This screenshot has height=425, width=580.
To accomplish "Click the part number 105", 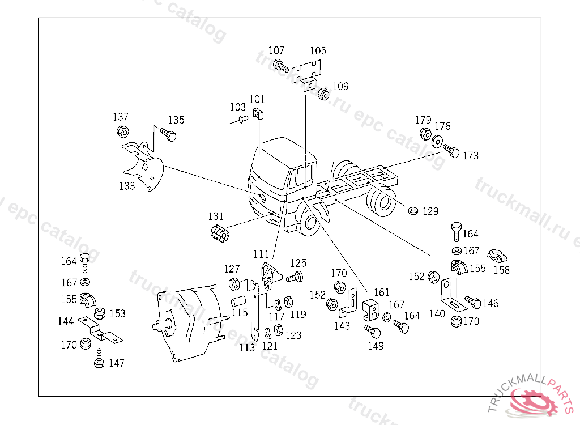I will tap(318, 51).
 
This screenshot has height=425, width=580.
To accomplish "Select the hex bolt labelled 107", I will tap(280, 66).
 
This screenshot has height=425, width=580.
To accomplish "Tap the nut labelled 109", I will tap(324, 93).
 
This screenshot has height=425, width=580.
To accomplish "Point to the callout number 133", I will tap(127, 186).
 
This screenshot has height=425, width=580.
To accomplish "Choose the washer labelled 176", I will tap(437, 142).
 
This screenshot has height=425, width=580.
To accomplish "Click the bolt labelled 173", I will tap(451, 151).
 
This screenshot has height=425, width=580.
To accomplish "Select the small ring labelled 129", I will tap(413, 211).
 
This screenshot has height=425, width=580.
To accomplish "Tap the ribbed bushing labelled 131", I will tap(218, 233).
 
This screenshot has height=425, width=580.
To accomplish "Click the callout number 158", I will tap(501, 270).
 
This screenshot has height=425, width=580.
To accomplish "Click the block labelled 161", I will tap(371, 309).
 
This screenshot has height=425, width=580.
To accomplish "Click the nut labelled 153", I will tap(99, 313).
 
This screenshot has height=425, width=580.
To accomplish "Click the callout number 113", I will tap(247, 348).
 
